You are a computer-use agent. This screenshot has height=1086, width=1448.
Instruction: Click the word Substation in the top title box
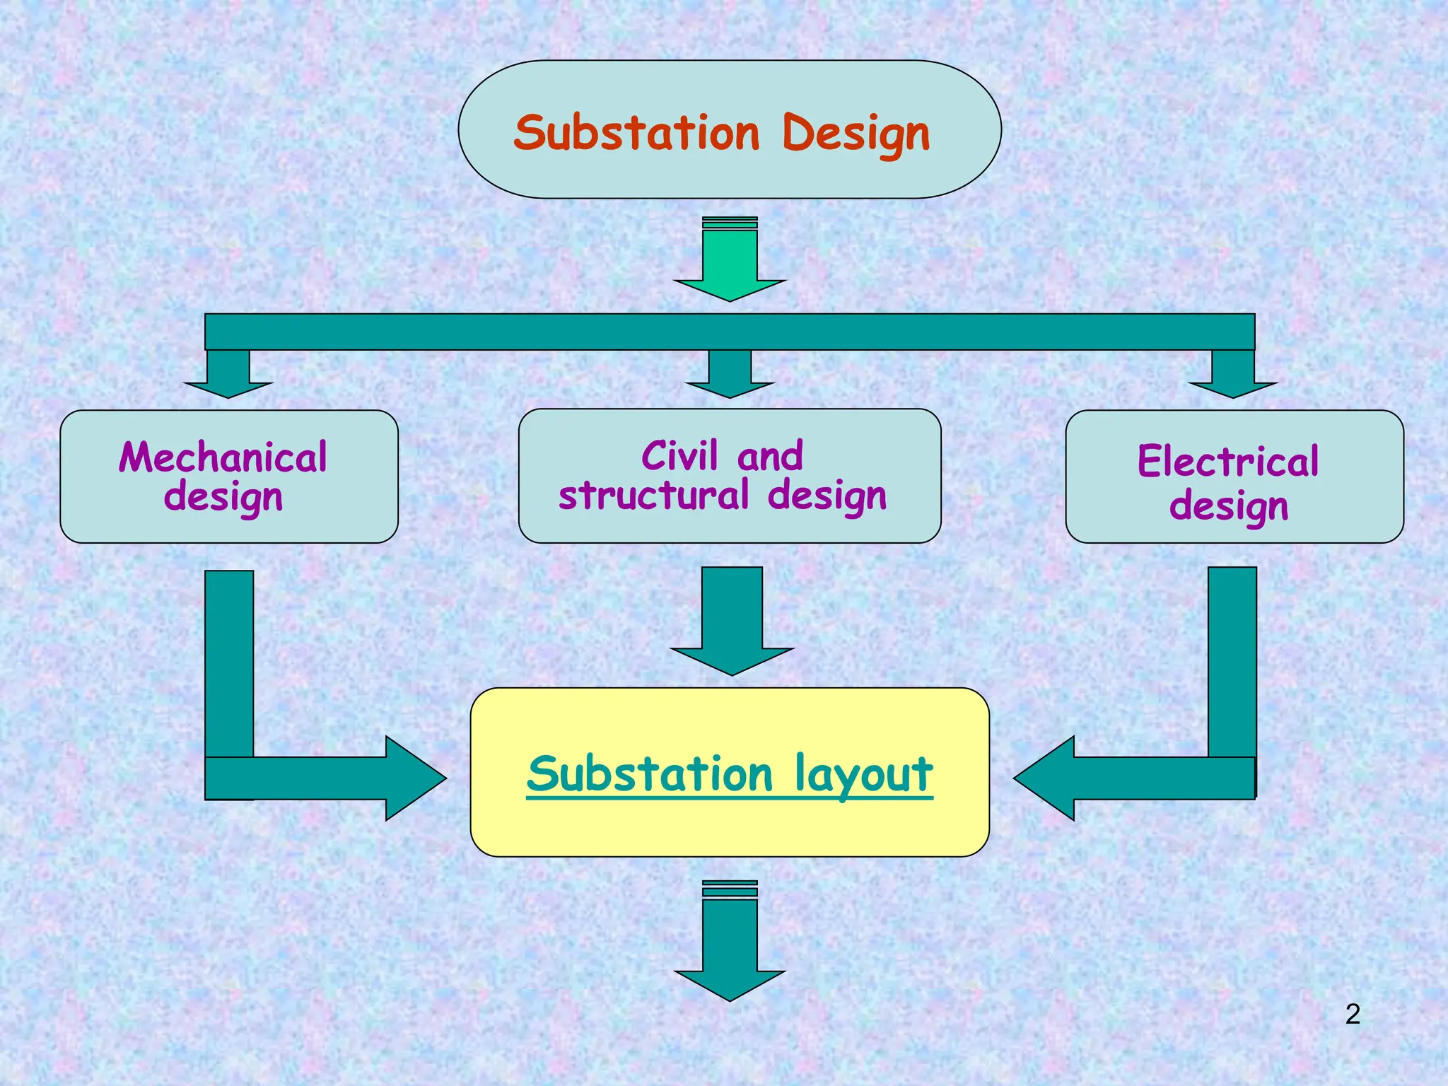636,133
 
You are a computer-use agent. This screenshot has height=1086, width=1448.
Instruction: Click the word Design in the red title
856,134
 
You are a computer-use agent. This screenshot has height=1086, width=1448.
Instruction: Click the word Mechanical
223,457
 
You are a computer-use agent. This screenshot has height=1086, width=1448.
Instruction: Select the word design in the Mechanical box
223,498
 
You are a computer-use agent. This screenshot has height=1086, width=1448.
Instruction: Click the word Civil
679,456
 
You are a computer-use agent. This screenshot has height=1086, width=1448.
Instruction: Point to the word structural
653,495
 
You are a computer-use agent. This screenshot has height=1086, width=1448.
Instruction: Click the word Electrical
1228,462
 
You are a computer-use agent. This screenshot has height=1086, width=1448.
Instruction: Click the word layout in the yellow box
863,774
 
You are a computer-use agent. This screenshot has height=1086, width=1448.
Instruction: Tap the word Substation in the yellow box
650,774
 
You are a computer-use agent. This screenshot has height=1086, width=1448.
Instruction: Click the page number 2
1353,1014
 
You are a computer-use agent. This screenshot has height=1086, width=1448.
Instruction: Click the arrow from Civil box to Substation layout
732,622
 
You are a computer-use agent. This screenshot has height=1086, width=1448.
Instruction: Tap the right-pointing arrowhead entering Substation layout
414,778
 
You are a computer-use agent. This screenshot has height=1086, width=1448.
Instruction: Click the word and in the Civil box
770,456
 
